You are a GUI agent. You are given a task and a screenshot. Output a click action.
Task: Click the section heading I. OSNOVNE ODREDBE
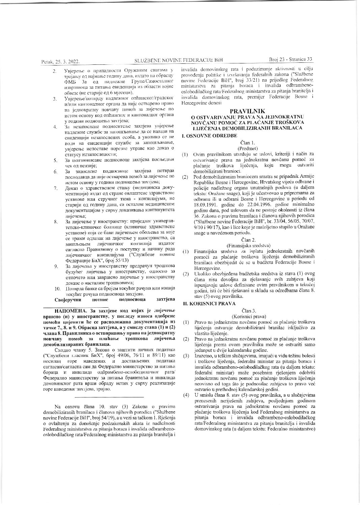tap(206, 135)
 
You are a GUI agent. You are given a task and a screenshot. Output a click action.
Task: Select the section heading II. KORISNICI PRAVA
tap(209, 304)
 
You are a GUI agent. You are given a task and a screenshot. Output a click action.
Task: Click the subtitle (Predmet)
tap(247, 148)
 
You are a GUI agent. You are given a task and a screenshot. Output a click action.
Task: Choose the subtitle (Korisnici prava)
tap(247, 316)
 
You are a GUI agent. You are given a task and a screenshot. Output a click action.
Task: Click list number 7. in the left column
tap(55, 188)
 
